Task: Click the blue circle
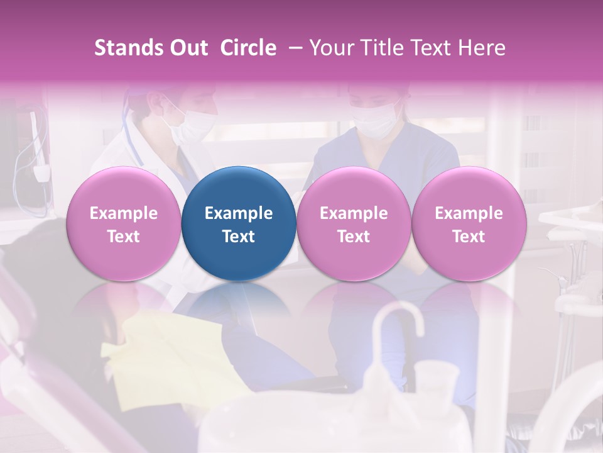239,223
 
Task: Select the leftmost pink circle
124,223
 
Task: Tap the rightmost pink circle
469,223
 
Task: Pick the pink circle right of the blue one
354,223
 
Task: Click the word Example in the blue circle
239,213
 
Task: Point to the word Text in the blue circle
239,237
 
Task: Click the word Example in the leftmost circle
124,213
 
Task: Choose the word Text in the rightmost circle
469,237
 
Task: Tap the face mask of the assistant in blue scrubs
373,121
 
